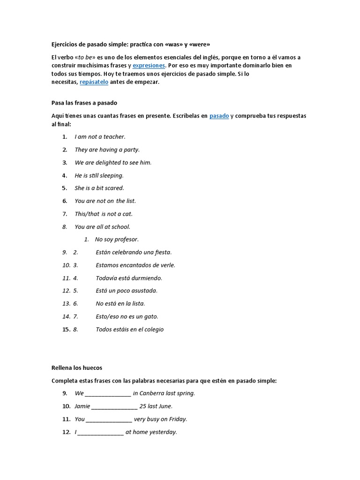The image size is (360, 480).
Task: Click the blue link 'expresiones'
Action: tap(149, 66)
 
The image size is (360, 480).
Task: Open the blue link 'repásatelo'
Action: tap(94, 82)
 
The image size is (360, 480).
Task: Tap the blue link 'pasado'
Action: tap(219, 116)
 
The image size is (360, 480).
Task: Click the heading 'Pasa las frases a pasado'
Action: tap(84, 103)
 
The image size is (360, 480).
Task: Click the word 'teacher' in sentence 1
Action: tap(113, 137)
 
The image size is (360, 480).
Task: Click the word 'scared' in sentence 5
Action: tap(114, 188)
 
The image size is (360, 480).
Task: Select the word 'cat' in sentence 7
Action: tap(127, 214)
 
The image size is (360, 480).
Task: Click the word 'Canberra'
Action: tap(154, 393)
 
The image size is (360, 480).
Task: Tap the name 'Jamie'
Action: tap(82, 406)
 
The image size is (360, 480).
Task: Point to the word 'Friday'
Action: tap(177, 419)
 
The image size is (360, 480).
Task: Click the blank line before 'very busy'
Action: tap(109, 420)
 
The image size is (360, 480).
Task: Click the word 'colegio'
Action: tap(152, 330)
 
